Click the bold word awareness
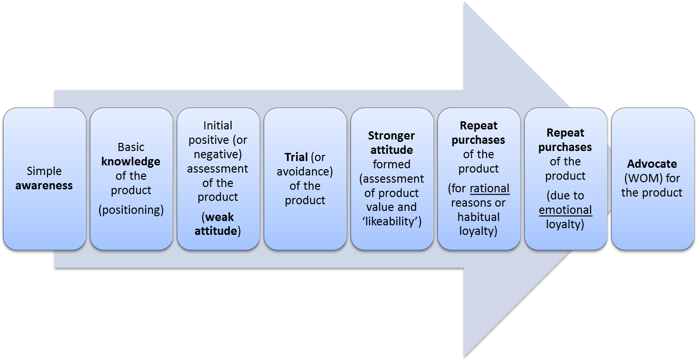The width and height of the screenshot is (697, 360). click(44, 186)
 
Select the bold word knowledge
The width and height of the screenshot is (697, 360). click(130, 162)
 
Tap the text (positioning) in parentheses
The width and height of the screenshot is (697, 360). click(131, 210)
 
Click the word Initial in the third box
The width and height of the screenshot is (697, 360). click(218, 126)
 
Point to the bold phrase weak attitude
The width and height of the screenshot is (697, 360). click(218, 224)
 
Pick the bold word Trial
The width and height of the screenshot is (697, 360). click(296, 157)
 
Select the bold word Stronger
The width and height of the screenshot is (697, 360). click(392, 136)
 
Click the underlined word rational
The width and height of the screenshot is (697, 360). click(489, 188)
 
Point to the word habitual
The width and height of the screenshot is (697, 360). click(478, 217)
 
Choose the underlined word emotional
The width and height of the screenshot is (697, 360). click(565, 210)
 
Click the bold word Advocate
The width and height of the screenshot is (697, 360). click(652, 164)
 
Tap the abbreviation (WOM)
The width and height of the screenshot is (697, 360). click(642, 178)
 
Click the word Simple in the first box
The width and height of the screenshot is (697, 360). click(44, 171)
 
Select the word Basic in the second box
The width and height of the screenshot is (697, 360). click(131, 147)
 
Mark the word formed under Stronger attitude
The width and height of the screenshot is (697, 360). click(392, 164)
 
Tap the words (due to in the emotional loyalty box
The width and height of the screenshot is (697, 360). click(565, 196)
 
